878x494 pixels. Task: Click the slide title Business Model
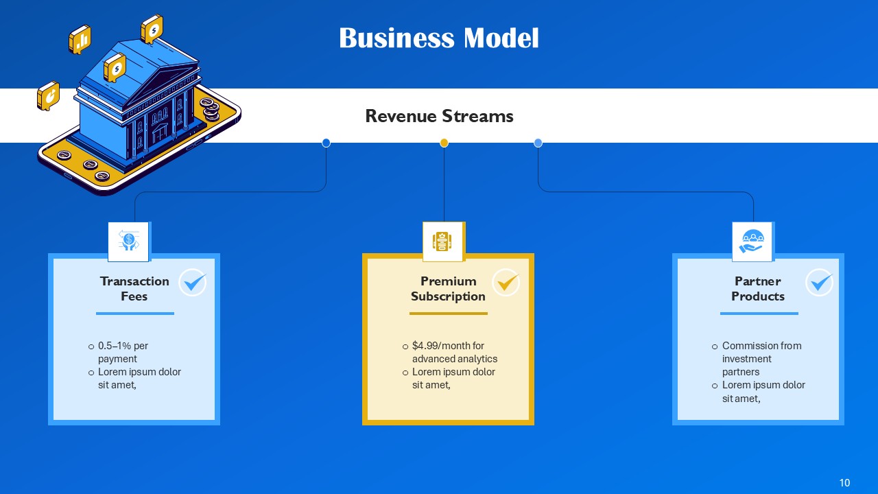pyautogui.click(x=439, y=38)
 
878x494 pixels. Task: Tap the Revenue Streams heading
pyautogui.click(x=439, y=116)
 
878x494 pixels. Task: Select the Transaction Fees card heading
pyautogui.click(x=134, y=289)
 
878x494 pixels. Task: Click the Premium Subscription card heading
pyautogui.click(x=448, y=289)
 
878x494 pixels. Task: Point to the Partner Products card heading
pyautogui.click(x=758, y=289)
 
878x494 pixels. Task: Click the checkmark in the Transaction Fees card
pyautogui.click(x=193, y=282)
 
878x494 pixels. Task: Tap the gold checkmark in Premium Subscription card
pyautogui.click(x=506, y=282)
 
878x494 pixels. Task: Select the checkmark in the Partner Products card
pyautogui.click(x=819, y=282)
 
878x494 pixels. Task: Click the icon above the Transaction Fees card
pyautogui.click(x=128, y=241)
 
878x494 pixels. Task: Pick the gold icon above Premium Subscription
pyautogui.click(x=443, y=241)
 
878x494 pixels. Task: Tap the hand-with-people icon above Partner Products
pyautogui.click(x=752, y=241)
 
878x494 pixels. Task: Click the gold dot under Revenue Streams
pyautogui.click(x=444, y=143)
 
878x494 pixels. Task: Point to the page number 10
pyautogui.click(x=844, y=483)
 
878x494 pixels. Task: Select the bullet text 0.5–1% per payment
pyautogui.click(x=123, y=352)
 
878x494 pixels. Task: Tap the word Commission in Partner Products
pyautogui.click(x=749, y=346)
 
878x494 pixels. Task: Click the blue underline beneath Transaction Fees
pyautogui.click(x=135, y=314)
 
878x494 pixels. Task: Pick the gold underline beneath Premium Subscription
pyautogui.click(x=449, y=314)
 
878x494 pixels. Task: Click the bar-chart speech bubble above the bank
pyautogui.click(x=80, y=39)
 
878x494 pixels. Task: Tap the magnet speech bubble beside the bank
pyautogui.click(x=48, y=95)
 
